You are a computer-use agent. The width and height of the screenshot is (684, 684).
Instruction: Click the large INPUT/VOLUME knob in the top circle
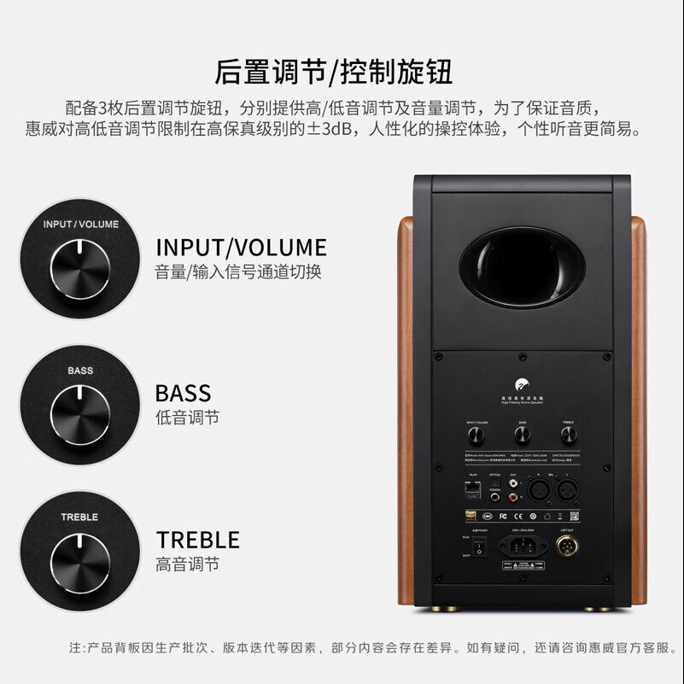[x=79, y=268]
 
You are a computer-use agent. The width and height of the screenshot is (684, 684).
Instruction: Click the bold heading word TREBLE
[x=197, y=540]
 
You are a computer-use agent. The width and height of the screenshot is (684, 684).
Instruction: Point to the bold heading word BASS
[x=183, y=394]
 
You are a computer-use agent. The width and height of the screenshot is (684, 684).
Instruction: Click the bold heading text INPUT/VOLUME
[x=241, y=248]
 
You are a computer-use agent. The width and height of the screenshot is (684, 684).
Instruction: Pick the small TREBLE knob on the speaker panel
[x=569, y=436]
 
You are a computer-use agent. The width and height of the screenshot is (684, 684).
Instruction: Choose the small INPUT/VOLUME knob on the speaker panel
[x=476, y=436]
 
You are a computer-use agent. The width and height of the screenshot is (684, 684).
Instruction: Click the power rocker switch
[x=479, y=544]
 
